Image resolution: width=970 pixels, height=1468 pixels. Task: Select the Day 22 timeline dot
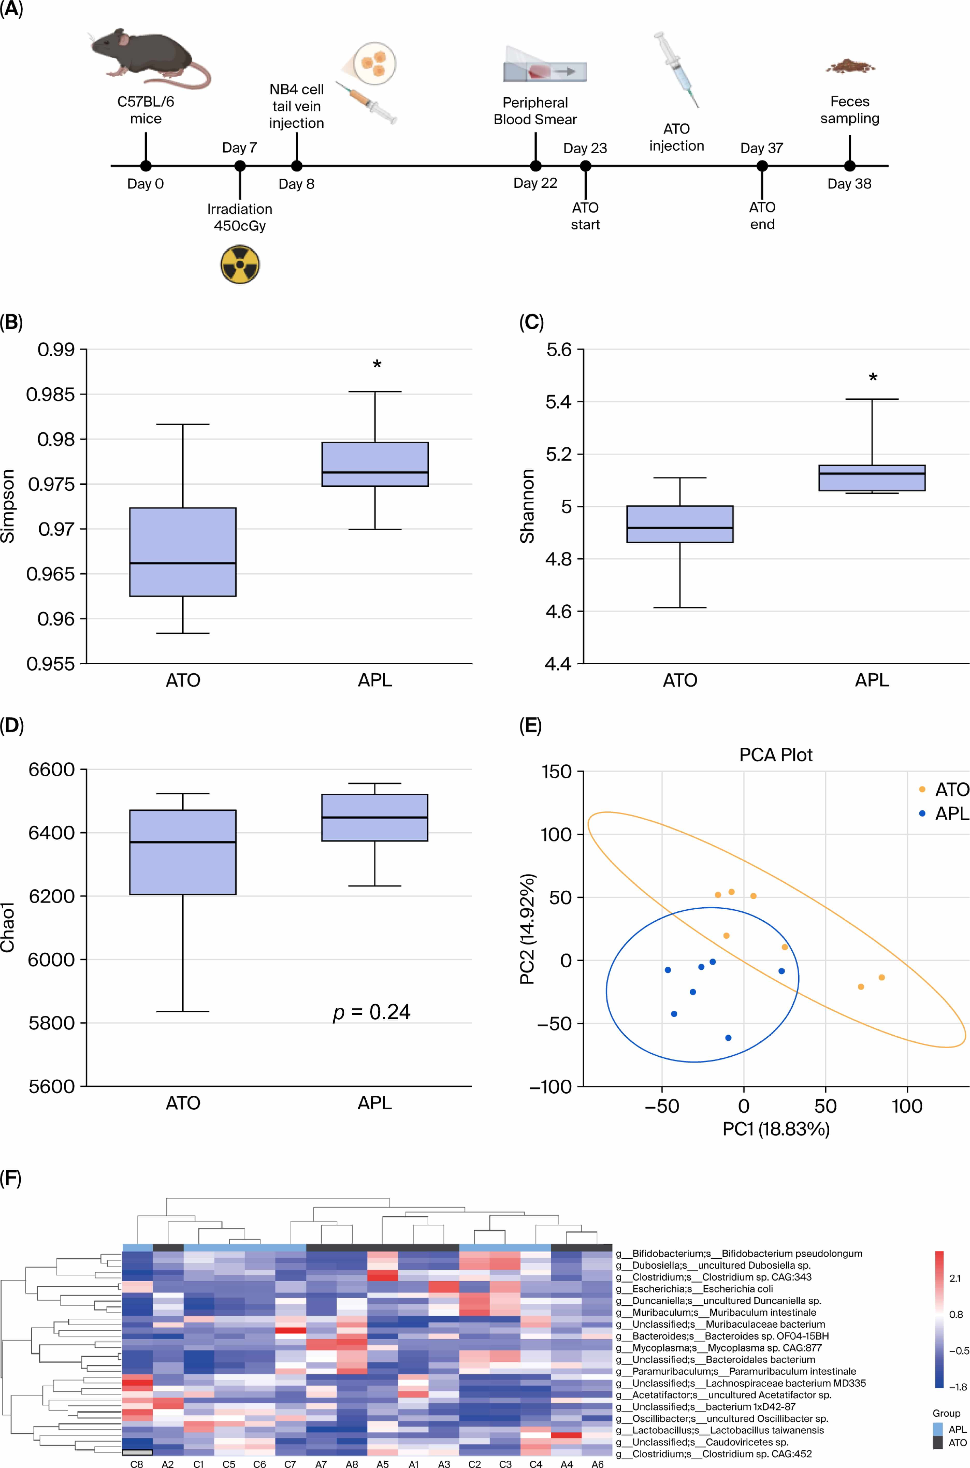coord(536,166)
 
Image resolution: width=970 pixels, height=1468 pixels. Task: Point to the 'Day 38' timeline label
coord(849,184)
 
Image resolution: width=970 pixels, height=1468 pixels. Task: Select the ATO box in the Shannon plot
coord(680,524)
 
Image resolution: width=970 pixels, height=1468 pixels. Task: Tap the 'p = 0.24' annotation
coord(372,1012)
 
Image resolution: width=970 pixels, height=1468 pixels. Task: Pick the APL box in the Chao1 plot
coord(375,817)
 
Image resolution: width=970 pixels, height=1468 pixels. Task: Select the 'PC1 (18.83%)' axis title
coord(776,1129)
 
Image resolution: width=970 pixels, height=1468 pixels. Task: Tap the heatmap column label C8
coord(137,1464)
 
